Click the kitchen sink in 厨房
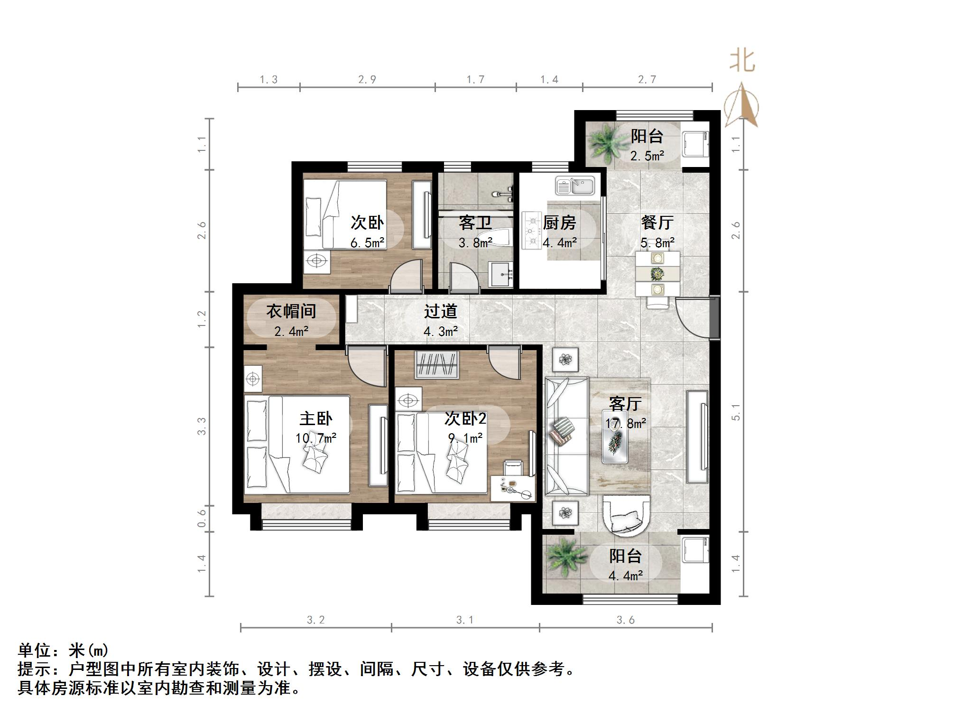coord(574,186)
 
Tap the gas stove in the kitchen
coord(532,231)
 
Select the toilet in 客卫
coord(496,236)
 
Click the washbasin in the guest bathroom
coord(501,274)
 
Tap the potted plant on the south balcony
coord(564,559)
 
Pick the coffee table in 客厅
coord(615,441)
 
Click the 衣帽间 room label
coord(291,311)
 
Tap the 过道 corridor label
coord(440,311)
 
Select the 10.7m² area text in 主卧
coord(316,438)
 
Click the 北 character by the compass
coord(742,62)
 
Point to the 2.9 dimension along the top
coord(367,80)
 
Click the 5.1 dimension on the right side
coord(736,412)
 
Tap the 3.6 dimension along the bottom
coord(625,620)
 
